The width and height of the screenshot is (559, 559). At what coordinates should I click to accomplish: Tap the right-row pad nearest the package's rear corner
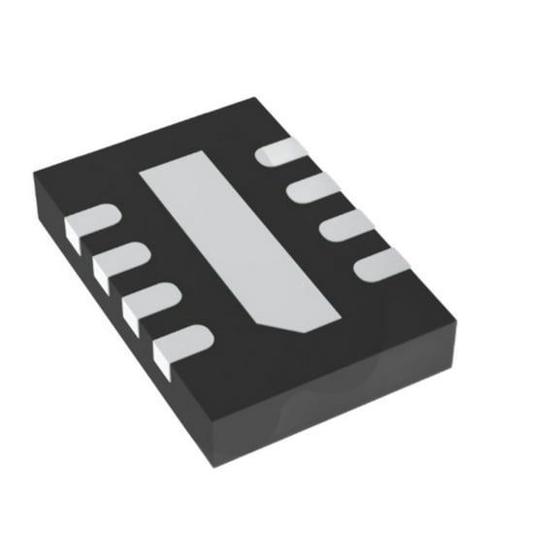(x=282, y=151)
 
